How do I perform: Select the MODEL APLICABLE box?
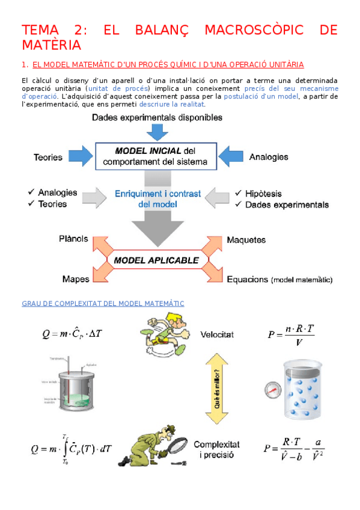tap(156, 260)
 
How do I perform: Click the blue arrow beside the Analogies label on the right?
tap(232, 156)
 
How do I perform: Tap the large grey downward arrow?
tap(157, 226)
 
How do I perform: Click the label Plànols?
tap(73, 239)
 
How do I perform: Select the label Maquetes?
tap(246, 240)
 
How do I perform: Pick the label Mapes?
tap(76, 279)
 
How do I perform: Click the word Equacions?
tap(247, 280)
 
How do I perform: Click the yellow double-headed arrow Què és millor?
tap(217, 382)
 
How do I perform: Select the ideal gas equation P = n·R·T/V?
tap(291, 335)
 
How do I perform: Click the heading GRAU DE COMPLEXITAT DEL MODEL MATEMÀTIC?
tap(102, 304)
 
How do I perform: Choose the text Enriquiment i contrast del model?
tap(157, 198)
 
